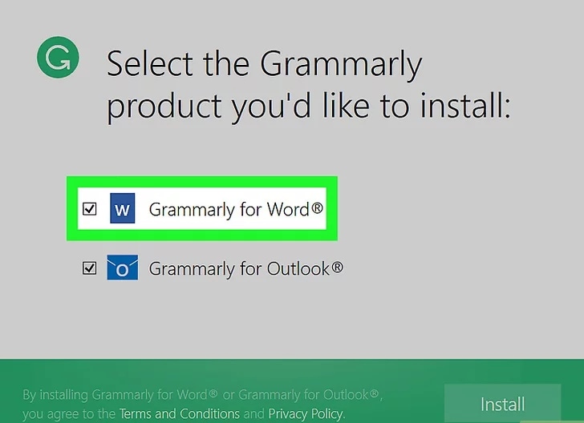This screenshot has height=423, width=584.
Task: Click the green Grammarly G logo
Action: pos(58,57)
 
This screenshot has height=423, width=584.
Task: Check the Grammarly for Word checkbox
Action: pos(89,209)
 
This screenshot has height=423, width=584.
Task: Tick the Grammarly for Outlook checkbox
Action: pos(89,268)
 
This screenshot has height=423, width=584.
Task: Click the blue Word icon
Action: pos(123,208)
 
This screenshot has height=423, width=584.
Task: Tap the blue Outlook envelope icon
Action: pos(123,268)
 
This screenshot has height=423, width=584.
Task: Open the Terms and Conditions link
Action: pos(180,413)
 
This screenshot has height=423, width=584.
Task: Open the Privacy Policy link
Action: pos(306,413)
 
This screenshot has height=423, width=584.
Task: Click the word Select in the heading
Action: pos(150,64)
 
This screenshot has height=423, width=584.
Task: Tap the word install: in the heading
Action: pos(465,106)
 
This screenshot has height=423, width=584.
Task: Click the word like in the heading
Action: pos(346,106)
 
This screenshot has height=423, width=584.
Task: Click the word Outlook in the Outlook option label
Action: pos(298,268)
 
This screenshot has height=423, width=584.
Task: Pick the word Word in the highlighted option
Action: pos(288,209)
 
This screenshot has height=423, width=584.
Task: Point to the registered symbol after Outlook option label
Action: pos(337,266)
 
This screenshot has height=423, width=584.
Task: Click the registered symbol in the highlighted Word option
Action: pos(317,207)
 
